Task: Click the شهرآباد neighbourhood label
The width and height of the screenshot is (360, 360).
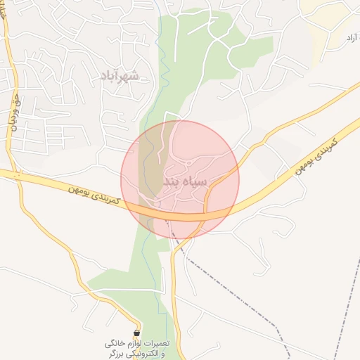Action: [x=120, y=75]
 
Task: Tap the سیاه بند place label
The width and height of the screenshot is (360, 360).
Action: [x=186, y=181]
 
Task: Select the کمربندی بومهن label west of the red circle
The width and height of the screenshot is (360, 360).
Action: [x=96, y=196]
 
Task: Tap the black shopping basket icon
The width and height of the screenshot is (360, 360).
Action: [x=136, y=333]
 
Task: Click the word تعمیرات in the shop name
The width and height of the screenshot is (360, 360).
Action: [x=155, y=344]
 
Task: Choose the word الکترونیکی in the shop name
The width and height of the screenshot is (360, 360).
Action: [x=143, y=354]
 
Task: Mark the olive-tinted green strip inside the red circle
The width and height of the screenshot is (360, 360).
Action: [x=146, y=176]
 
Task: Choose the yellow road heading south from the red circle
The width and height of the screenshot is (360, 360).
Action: [x=174, y=295]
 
